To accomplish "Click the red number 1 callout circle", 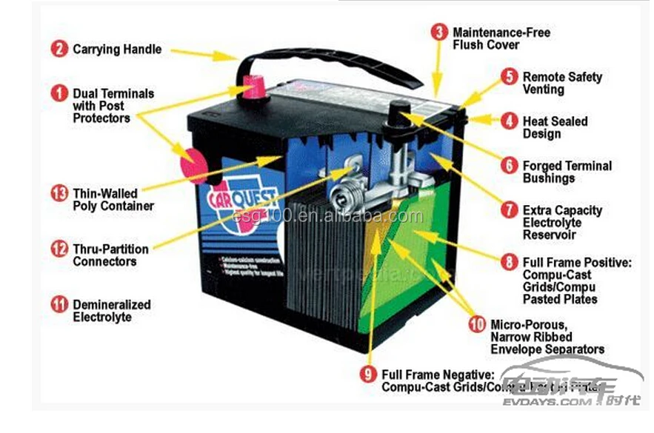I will pyautogui.click(x=59, y=94).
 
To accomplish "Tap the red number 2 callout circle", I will pyautogui.click(x=59, y=50).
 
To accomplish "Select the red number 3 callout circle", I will pyautogui.click(x=440, y=33).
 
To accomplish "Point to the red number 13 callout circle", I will pyautogui.click(x=59, y=194).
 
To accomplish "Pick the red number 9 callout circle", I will pyautogui.click(x=368, y=375).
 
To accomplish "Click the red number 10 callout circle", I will pyautogui.click(x=478, y=324).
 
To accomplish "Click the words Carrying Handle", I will pyautogui.click(x=116, y=50).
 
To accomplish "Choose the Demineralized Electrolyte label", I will pyautogui.click(x=111, y=311).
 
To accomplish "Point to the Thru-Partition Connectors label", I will pyautogui.click(x=110, y=255).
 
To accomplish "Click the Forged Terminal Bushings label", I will pyautogui.click(x=567, y=172).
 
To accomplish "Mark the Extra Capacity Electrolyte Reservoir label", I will pyautogui.click(x=562, y=222).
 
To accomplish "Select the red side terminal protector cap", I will pyautogui.click(x=194, y=165).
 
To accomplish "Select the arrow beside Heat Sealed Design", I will pyautogui.click(x=481, y=118).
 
